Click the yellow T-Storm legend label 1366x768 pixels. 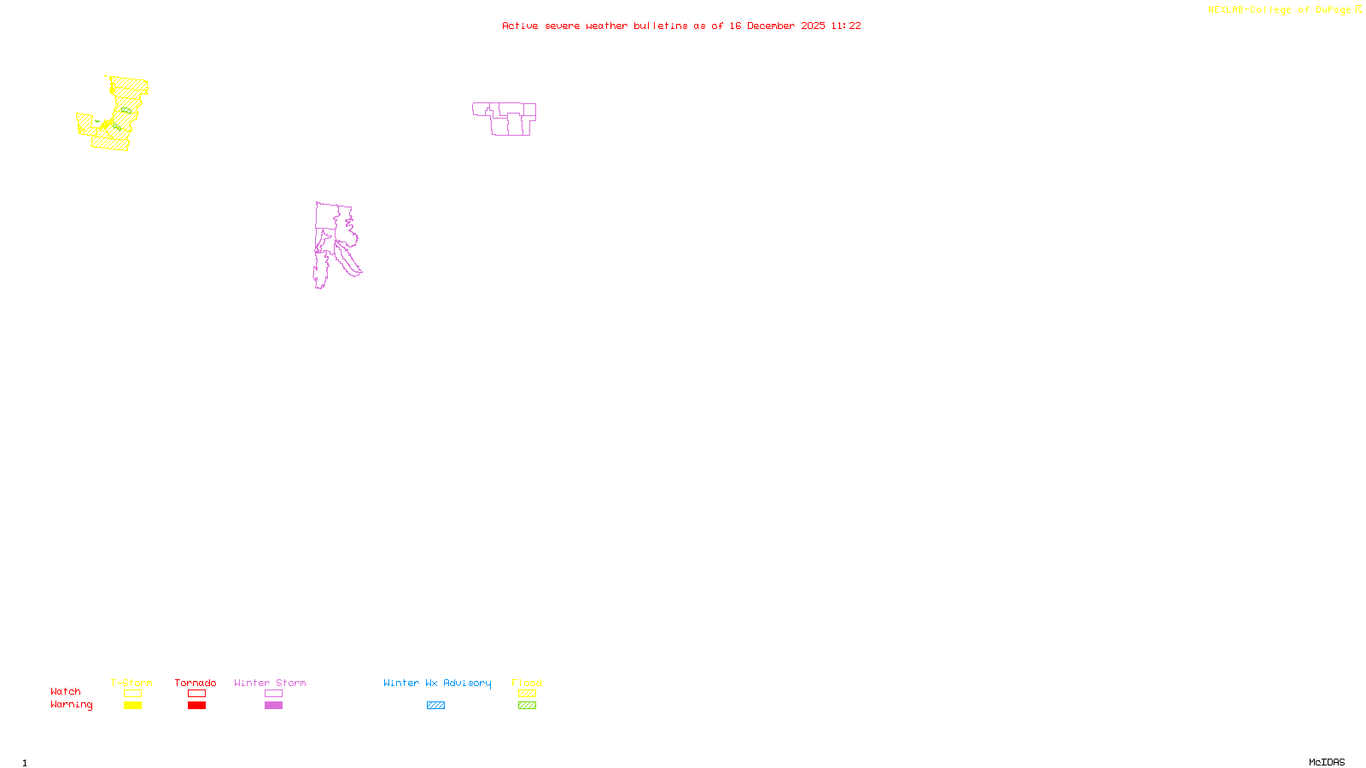point(131,683)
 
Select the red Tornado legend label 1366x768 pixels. point(196,683)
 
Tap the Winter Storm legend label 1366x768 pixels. point(270,683)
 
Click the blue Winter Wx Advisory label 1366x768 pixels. point(437,683)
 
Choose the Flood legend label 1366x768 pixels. point(527,683)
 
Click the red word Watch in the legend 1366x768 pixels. point(66,691)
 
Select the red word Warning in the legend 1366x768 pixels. point(71,705)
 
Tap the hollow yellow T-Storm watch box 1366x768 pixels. point(132,694)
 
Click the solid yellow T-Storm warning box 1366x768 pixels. point(132,706)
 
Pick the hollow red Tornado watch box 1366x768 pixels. point(196,694)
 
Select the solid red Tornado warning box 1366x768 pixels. point(196,706)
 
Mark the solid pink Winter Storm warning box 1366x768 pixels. point(273,706)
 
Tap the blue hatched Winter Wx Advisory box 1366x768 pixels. point(435,706)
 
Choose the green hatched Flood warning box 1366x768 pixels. point(527,706)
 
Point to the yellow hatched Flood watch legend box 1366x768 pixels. point(527,694)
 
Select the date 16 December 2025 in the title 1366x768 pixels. point(777,26)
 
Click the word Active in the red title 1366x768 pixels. point(520,26)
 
